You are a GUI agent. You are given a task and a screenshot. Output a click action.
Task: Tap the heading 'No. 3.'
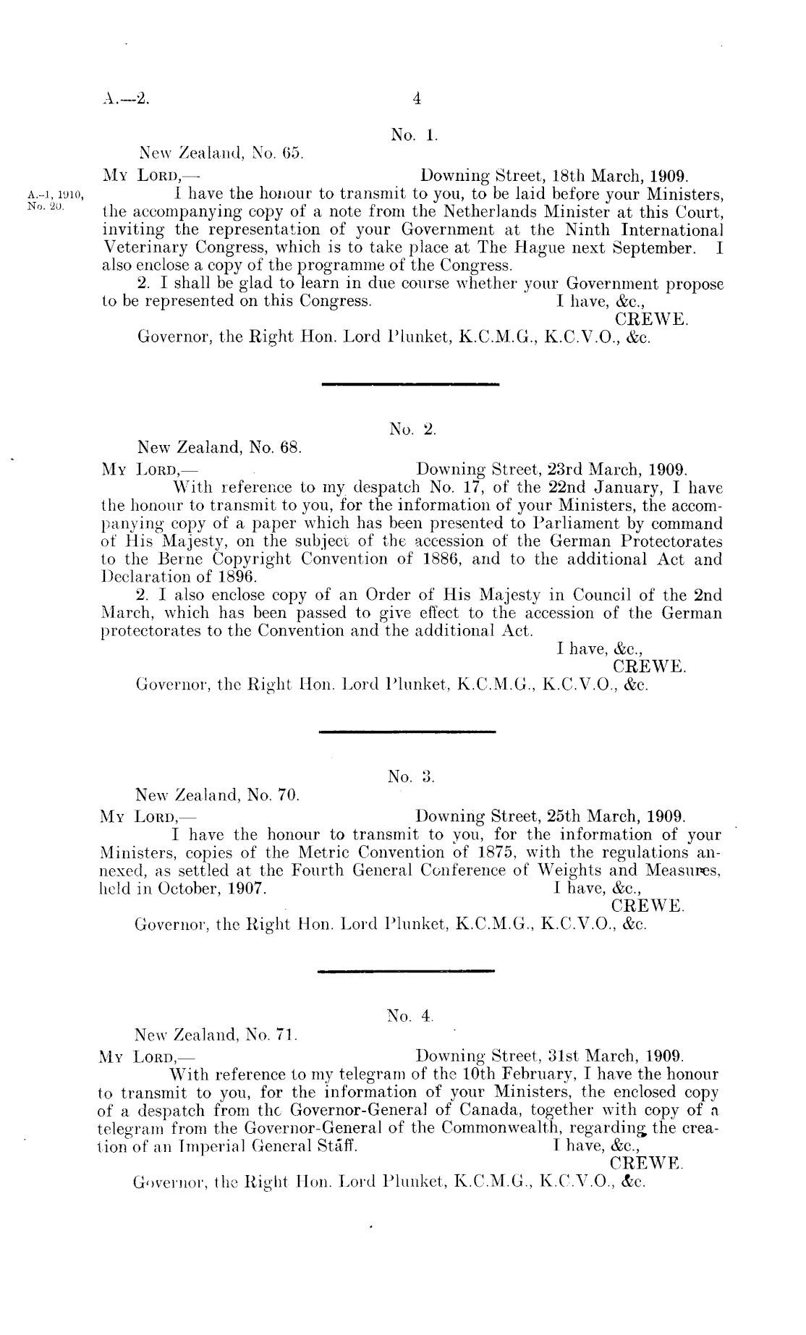coord(410,776)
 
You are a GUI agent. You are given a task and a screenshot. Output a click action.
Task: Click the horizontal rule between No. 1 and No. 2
coord(410,382)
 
